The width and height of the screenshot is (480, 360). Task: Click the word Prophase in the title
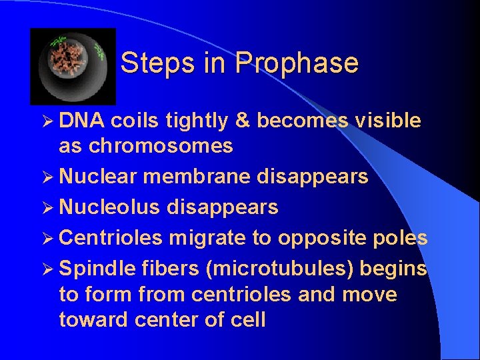[x=297, y=64]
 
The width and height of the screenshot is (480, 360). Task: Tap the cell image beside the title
[x=73, y=66]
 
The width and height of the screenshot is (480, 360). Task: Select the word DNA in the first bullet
[x=81, y=121]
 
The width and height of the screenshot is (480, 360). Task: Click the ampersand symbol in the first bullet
[x=243, y=121]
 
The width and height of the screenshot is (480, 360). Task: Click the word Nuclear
[x=98, y=177]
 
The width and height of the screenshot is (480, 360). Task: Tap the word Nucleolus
[x=109, y=207]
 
